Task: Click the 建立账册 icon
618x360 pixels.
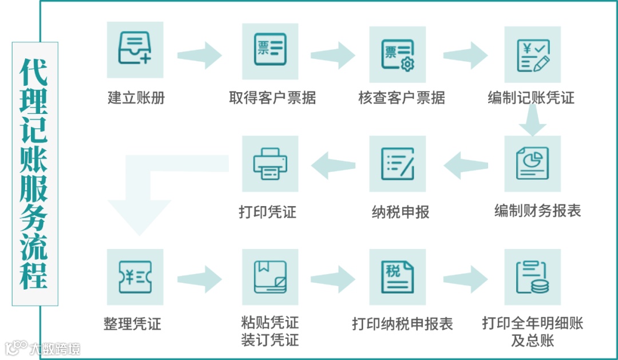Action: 135,50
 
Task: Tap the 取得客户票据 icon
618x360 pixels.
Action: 270,52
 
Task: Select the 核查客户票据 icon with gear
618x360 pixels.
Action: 398,54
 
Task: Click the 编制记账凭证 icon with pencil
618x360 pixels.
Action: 532,54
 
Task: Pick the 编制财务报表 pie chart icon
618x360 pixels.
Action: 532,163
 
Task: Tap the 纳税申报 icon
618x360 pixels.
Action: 398,163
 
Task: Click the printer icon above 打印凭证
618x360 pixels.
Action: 270,163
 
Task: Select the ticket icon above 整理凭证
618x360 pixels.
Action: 135,277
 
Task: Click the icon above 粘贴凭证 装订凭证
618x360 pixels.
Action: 270,277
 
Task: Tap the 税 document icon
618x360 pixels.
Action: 398,277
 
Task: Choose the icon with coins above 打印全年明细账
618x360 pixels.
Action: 532,277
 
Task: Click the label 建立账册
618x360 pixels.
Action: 136,98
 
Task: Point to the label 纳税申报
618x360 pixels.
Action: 400,212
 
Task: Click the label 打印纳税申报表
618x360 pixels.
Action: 402,325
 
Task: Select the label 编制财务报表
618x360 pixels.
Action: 537,211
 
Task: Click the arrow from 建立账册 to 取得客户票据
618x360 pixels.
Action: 199,56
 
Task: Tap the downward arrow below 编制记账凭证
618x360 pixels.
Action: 532,122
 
